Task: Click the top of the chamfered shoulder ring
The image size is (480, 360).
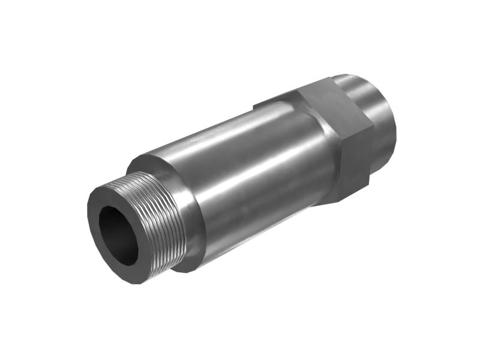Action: [144, 159]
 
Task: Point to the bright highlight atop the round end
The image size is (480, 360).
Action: [360, 84]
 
